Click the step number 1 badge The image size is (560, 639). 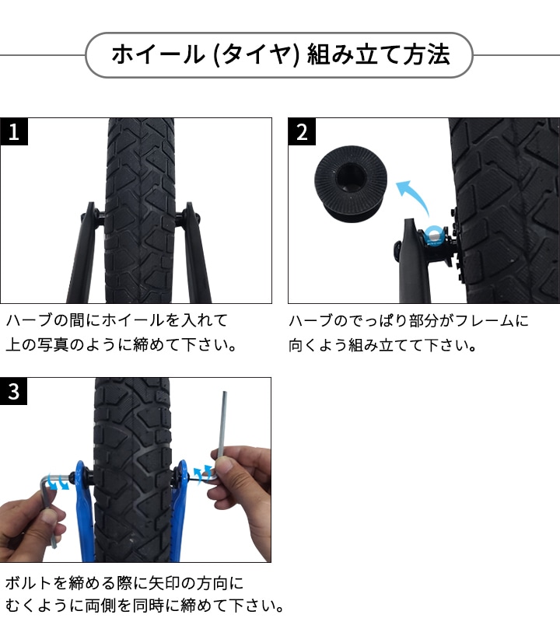[x=14, y=131]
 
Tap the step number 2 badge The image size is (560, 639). [x=302, y=131]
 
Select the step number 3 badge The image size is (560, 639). [x=13, y=391]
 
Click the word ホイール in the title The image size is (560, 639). [x=158, y=54]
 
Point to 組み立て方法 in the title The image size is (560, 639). [x=379, y=54]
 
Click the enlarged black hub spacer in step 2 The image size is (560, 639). [x=350, y=183]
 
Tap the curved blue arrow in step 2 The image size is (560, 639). [x=413, y=197]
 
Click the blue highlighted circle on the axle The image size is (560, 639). [x=433, y=236]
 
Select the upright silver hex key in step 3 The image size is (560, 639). [x=222, y=436]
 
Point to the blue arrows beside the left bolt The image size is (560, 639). [x=57, y=482]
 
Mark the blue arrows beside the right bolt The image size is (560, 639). [x=202, y=473]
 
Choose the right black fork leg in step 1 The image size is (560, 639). [x=196, y=253]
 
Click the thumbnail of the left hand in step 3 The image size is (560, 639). [x=50, y=519]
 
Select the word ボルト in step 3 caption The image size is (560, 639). [x=29, y=583]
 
